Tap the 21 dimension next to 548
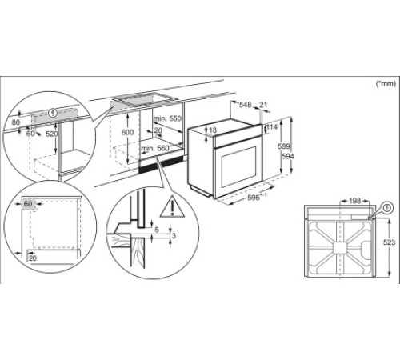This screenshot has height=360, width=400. coord(265,106)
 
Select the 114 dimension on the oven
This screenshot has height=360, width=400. coord(274,126)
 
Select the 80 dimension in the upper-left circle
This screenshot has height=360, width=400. coord(16,123)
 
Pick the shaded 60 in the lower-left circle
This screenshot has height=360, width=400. coord(29,205)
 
